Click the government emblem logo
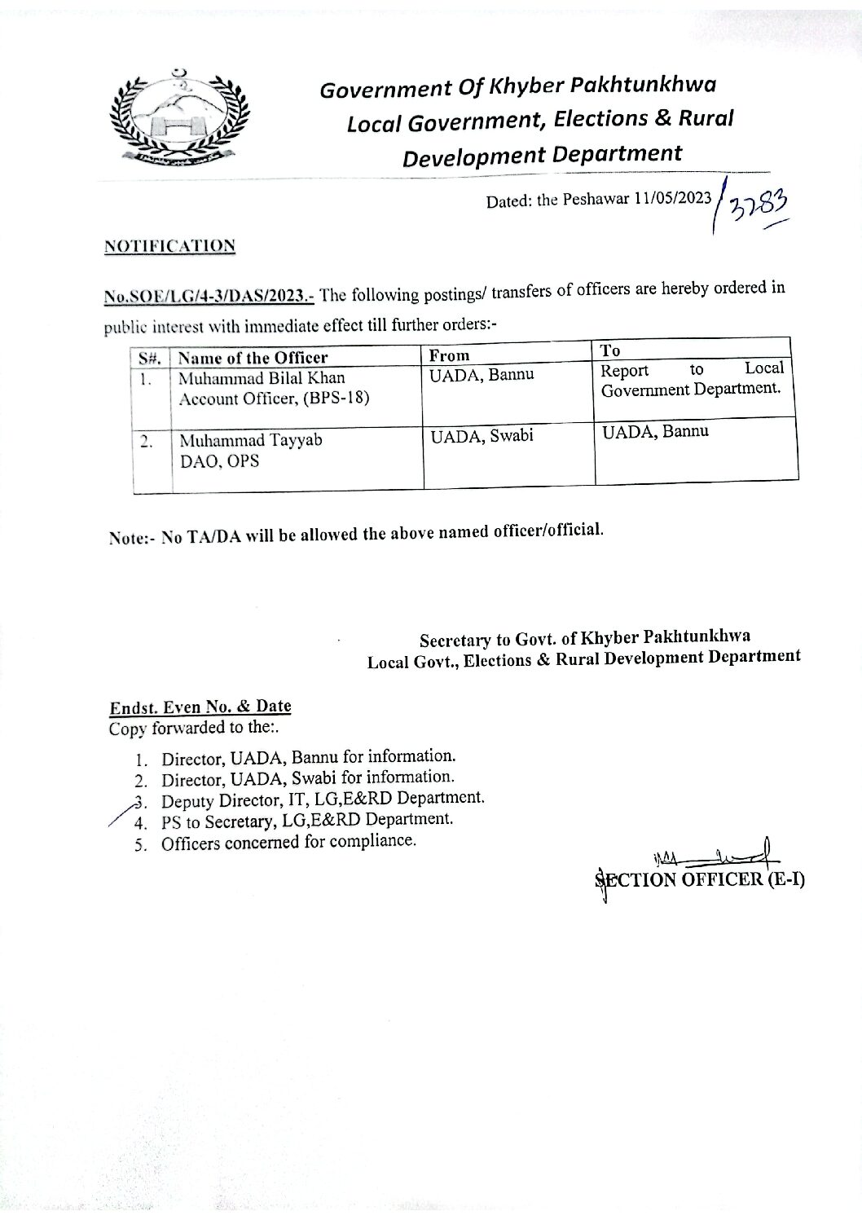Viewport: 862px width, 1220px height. (x=178, y=117)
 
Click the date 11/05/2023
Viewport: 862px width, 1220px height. (x=672, y=199)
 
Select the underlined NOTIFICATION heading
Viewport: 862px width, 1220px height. (x=169, y=246)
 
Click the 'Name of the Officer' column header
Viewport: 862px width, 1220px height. (x=253, y=358)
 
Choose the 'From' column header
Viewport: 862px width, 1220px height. (x=450, y=355)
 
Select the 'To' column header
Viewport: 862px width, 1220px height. (x=610, y=350)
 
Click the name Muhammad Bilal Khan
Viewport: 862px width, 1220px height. (x=262, y=378)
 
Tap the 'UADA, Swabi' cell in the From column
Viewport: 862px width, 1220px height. (x=482, y=436)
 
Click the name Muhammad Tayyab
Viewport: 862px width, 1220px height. (x=251, y=441)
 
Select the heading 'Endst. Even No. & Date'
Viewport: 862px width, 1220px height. (x=200, y=707)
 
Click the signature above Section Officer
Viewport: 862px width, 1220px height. (x=717, y=857)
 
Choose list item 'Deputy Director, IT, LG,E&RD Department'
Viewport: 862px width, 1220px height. (x=323, y=799)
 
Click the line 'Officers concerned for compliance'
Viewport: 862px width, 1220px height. (x=288, y=842)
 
